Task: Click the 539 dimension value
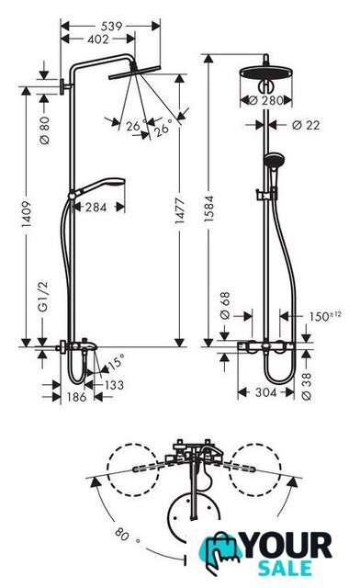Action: [x=112, y=27]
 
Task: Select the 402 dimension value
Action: [x=98, y=39]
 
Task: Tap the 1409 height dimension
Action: [x=26, y=214]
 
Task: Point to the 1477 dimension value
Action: [x=180, y=210]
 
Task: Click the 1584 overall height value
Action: [x=208, y=209]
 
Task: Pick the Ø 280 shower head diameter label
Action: [x=266, y=100]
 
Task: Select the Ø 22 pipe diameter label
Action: [x=306, y=125]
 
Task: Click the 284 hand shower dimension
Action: [x=96, y=207]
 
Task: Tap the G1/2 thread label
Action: [x=44, y=296]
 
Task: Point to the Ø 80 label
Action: [x=44, y=130]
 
